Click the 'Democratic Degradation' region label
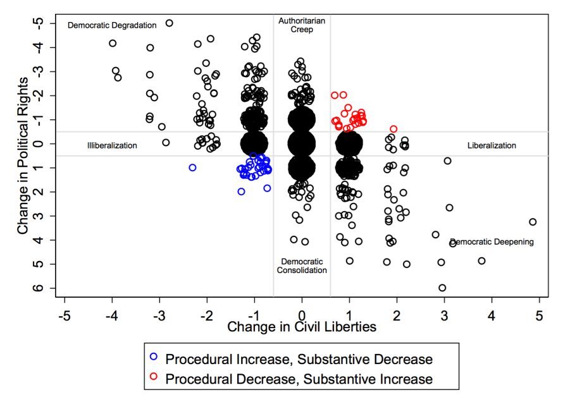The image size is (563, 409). coord(111,25)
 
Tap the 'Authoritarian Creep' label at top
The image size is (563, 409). coord(302,25)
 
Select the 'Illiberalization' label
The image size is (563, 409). coord(112,145)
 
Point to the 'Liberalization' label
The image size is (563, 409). coord(492,145)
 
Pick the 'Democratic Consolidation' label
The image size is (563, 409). coord(302,266)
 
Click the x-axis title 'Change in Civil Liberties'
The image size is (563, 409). coord(302,327)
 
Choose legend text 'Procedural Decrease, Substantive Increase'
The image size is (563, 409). coord(299,379)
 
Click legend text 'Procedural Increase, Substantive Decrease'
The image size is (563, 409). coord(299,359)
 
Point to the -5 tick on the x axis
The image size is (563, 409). coord(65,314)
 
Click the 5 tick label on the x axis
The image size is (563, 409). coord(540,314)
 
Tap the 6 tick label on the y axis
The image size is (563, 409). coord(39,288)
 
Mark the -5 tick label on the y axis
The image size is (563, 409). coord(39,23)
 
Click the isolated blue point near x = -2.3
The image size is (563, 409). coord(192,168)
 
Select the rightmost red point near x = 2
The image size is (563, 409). coord(393,129)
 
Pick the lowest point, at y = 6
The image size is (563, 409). coord(442,288)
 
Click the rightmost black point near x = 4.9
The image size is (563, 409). coord(533,222)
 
